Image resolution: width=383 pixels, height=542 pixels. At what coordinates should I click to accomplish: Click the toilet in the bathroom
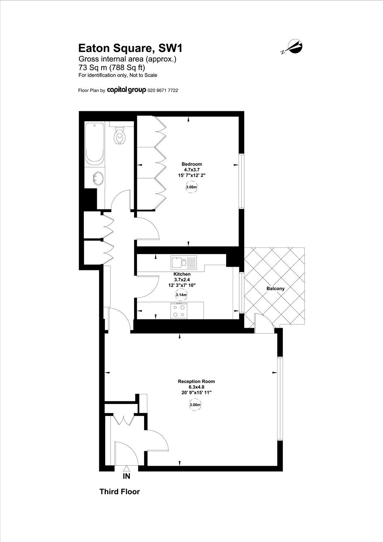pos(119,135)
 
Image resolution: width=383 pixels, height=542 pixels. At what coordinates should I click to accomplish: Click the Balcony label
pos(275,289)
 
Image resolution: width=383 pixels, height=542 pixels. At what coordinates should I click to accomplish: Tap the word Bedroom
pos(191,164)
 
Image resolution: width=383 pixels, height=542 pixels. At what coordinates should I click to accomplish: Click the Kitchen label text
pos(182,274)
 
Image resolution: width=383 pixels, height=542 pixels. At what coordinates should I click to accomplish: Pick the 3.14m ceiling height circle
pos(181,295)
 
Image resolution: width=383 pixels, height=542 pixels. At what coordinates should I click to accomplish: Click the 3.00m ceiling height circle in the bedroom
pos(191,187)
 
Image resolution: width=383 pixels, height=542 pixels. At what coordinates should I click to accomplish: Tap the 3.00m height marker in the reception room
pos(195,405)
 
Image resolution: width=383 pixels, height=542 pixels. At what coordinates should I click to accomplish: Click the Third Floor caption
pos(119,492)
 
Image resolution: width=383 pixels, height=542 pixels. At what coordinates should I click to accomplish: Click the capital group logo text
pos(126,90)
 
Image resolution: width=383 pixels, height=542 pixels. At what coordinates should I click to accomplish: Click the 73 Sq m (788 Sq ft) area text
pos(112,68)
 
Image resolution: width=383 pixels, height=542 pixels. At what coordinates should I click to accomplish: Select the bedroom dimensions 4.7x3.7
pos(191,169)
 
